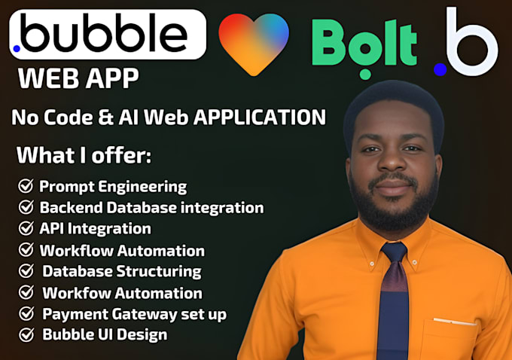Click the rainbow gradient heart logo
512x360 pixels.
point(254,42)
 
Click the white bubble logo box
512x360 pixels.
point(107,35)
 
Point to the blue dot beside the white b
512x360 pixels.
point(440,69)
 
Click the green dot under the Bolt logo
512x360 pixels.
point(365,74)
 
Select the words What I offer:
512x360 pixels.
point(84,156)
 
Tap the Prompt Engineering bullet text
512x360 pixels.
point(113,185)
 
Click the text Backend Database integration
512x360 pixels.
point(151,206)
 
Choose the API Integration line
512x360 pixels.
point(95,227)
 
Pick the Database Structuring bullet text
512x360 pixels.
point(122,270)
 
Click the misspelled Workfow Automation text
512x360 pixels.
point(122,292)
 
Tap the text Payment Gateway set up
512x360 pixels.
point(134,313)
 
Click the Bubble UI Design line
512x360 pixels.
point(105,334)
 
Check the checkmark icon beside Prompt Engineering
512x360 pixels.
point(26,185)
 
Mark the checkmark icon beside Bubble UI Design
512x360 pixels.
point(26,334)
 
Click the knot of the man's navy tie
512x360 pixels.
point(394,254)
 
